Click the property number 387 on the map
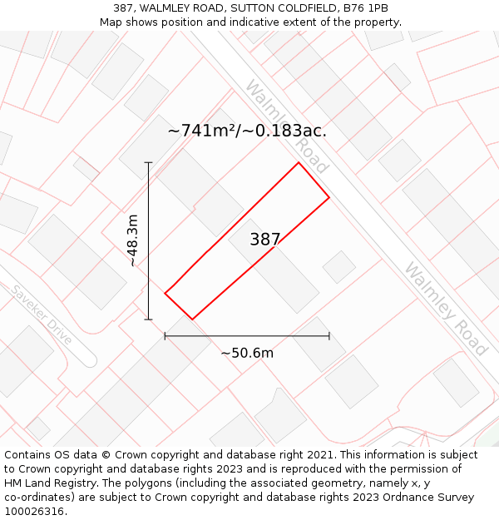265,240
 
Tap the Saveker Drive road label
42,314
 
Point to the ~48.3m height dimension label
132,240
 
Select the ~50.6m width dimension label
247,353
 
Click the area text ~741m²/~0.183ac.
247,131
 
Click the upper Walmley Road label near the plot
287,126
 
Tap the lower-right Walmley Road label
445,309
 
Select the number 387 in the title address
136,8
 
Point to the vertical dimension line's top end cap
149,162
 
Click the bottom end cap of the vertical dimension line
149,319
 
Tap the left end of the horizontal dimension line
166,336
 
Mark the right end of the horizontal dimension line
329,336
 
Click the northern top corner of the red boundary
299,162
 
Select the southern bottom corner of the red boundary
192,319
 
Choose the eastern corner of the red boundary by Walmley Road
329,197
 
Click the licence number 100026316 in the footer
36,511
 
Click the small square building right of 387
339,267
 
